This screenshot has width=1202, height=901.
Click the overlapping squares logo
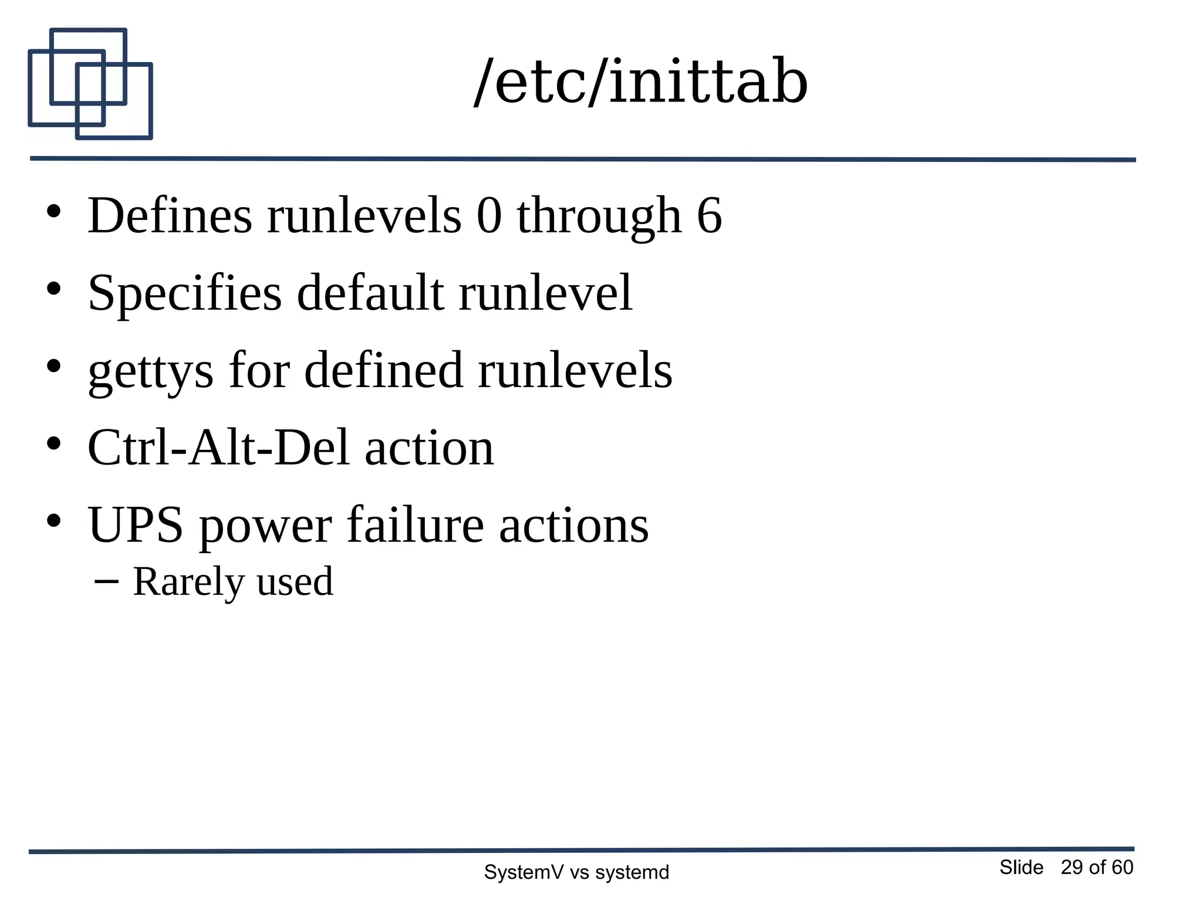pos(90,84)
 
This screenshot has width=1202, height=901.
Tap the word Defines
pos(170,216)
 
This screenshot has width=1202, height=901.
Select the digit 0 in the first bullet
pos(489,216)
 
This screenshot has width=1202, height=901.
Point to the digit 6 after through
pos(709,216)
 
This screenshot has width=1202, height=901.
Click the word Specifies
pos(184,293)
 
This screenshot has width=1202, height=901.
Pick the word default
pos(370,293)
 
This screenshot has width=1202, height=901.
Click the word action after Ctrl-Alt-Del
pos(429,449)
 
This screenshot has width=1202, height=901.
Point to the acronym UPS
pos(135,525)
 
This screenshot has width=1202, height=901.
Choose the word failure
pos(415,525)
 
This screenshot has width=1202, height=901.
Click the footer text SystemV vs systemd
pos(576,872)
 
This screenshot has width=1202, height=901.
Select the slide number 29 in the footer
pos(1072,867)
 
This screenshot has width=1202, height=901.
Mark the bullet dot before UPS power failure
pos(54,520)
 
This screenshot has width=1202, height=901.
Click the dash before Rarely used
pos(106,581)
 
